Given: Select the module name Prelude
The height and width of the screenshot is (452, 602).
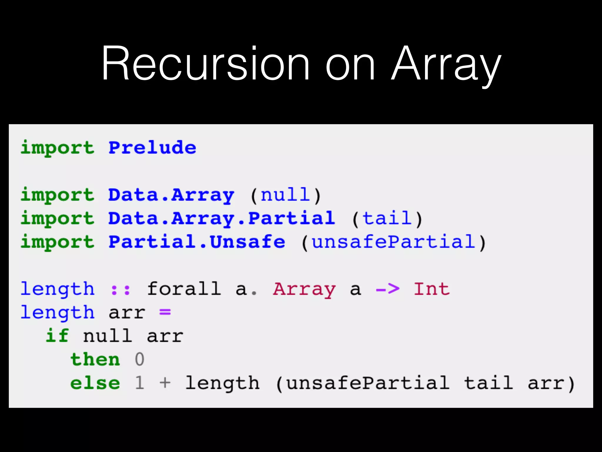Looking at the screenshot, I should pyautogui.click(x=152, y=147).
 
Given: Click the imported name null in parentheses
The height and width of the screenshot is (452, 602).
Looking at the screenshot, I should pyautogui.click(x=285, y=195).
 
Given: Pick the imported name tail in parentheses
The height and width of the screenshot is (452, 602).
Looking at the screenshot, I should pyautogui.click(x=387, y=218).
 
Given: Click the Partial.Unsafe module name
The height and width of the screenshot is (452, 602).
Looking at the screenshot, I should pyautogui.click(x=197, y=242).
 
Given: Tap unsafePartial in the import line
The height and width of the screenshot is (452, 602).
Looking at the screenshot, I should pyautogui.click(x=393, y=242).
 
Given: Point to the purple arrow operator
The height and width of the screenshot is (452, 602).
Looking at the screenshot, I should pyautogui.click(x=388, y=289).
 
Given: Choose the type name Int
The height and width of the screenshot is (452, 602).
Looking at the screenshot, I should pyautogui.click(x=432, y=289).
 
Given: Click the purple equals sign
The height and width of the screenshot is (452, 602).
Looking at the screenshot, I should pyautogui.click(x=165, y=312).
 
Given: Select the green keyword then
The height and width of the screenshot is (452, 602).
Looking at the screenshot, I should pyautogui.click(x=95, y=359).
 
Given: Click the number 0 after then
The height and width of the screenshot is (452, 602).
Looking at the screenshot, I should pyautogui.click(x=140, y=359).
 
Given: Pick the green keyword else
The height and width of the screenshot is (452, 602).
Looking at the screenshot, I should pyautogui.click(x=95, y=383).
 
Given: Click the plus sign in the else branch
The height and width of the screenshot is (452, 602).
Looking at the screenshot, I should pyautogui.click(x=165, y=383).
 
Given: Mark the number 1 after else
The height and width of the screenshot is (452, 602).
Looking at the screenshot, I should pyautogui.click(x=140, y=383).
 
